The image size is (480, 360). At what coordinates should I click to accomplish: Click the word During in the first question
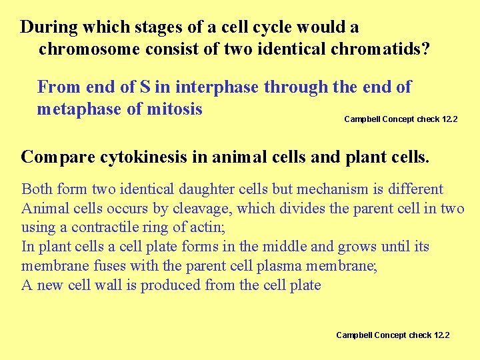pos(47,27)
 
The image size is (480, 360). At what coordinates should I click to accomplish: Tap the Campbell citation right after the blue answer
pos(401,119)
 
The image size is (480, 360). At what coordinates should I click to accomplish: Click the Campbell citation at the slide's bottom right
pos(393,335)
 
